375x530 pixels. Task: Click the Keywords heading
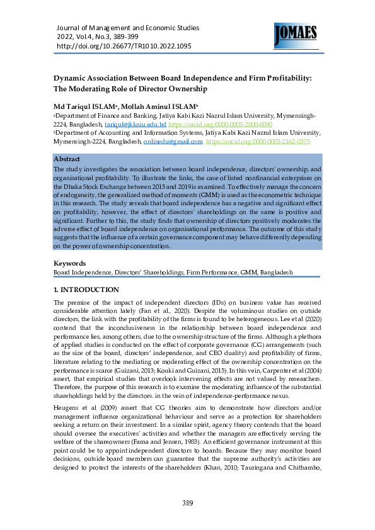coord(69,263)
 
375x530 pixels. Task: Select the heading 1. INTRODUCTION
coord(86,290)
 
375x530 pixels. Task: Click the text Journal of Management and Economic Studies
coord(127,28)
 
